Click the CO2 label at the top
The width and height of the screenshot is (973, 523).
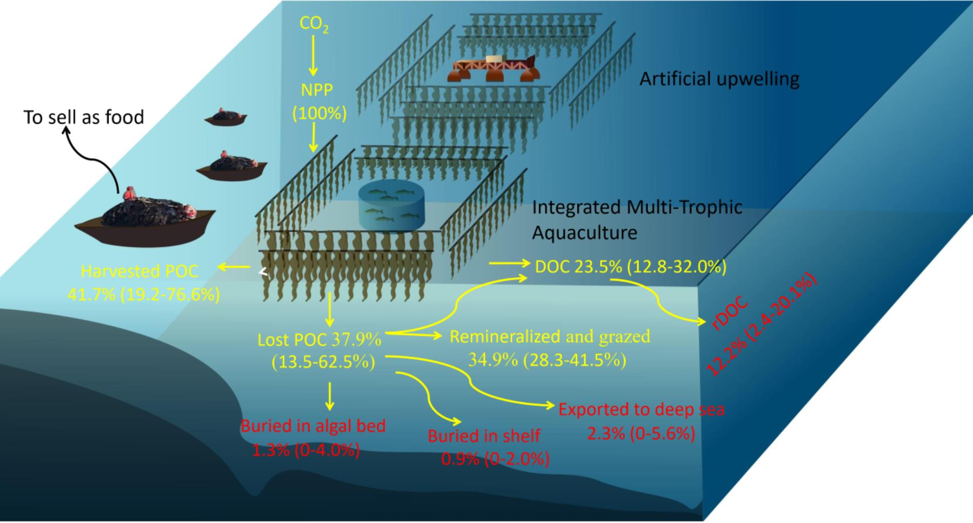(x=314, y=24)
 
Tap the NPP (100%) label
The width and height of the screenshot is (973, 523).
(x=318, y=102)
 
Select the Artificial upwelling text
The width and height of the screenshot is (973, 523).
(x=719, y=79)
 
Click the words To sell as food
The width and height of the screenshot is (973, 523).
(x=84, y=117)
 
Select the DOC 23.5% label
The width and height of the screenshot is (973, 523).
(x=630, y=267)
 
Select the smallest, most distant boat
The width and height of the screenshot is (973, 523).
(x=225, y=117)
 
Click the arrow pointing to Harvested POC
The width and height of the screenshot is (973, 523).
(x=233, y=266)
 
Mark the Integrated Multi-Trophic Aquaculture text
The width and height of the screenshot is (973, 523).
(x=637, y=220)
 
